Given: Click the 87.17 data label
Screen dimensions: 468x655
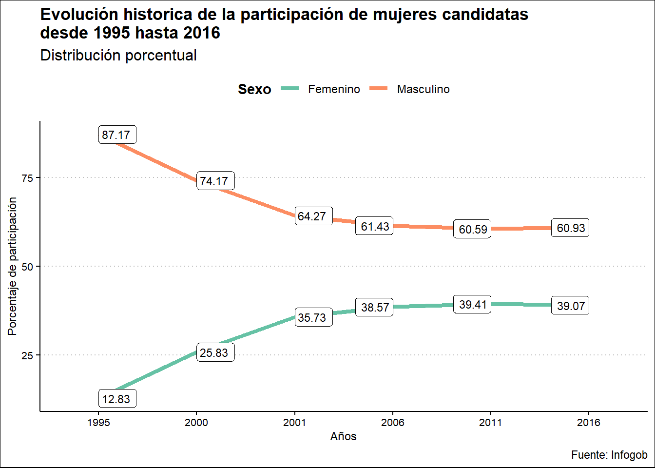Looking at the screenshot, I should click(x=117, y=135).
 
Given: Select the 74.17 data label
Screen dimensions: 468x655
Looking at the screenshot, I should click(x=215, y=181).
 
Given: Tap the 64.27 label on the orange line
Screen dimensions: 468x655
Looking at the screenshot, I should click(x=313, y=216).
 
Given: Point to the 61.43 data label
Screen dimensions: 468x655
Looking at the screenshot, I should click(x=375, y=226).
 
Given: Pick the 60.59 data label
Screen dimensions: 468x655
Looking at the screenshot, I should click(x=473, y=229).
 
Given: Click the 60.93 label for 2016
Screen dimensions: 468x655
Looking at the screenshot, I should click(x=570, y=228).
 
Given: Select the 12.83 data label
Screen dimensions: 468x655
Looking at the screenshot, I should click(x=117, y=399).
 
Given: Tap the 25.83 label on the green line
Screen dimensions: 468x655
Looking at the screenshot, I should click(x=215, y=352).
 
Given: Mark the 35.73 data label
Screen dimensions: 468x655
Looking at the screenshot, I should click(x=313, y=317).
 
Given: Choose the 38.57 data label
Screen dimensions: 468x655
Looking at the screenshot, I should click(x=375, y=307).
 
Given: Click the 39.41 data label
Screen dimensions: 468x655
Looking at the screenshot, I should click(x=473, y=305).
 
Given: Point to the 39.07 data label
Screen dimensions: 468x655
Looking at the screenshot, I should click(x=570, y=306).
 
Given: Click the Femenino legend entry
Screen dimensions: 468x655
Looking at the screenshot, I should click(x=334, y=89).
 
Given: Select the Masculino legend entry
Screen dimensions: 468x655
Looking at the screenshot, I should click(x=423, y=89).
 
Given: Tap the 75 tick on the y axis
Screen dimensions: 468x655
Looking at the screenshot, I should click(x=27, y=178).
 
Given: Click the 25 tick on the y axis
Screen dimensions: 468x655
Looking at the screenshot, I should click(x=27, y=355).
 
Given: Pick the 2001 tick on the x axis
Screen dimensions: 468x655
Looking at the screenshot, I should click(x=294, y=422).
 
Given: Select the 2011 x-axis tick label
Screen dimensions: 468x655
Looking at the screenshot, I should click(x=490, y=422).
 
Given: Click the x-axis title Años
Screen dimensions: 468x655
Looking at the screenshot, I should click(x=343, y=436).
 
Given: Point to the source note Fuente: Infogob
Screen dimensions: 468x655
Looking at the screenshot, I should click(x=609, y=455).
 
